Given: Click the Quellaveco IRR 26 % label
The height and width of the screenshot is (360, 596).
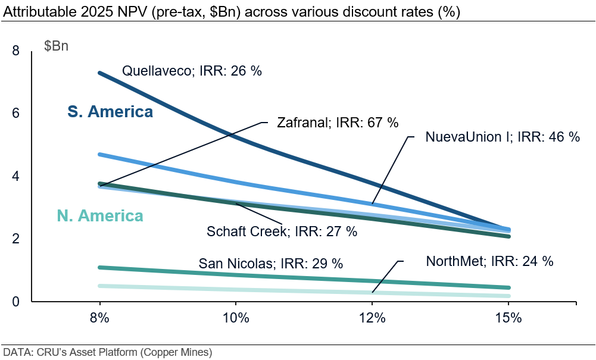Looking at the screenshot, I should click(192, 71).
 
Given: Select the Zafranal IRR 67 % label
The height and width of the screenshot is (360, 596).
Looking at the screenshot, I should click(338, 123).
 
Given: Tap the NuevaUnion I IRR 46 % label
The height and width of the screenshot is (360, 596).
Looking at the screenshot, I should click(502, 136).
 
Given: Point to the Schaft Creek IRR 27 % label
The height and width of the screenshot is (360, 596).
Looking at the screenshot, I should click(282, 231).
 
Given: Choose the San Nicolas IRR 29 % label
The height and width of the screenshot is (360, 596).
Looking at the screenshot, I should click(271, 263).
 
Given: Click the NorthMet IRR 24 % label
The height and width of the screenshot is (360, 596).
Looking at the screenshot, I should click(489, 261).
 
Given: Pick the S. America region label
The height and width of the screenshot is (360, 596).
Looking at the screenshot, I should click(110, 112).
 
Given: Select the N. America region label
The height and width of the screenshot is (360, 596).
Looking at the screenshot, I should click(100, 215).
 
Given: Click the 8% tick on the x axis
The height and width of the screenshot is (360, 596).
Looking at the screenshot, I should click(99, 318).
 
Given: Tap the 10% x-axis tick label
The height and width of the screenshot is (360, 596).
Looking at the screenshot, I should click(236, 318).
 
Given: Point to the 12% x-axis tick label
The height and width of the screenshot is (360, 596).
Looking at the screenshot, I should click(372, 318).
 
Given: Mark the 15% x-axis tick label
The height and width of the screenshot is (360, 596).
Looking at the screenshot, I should click(508, 318).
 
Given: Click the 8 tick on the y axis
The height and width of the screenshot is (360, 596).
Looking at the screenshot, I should click(16, 51).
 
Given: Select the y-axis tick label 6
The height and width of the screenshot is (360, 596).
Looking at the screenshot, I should click(16, 114).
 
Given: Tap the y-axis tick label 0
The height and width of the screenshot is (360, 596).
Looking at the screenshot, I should click(16, 301).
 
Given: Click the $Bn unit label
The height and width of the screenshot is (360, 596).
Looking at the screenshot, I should click(56, 46).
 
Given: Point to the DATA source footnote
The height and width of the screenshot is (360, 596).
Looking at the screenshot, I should click(107, 352).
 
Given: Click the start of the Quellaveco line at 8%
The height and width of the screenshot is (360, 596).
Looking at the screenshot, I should click(100, 73).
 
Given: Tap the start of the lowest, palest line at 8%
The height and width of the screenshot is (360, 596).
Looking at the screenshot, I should click(100, 286).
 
